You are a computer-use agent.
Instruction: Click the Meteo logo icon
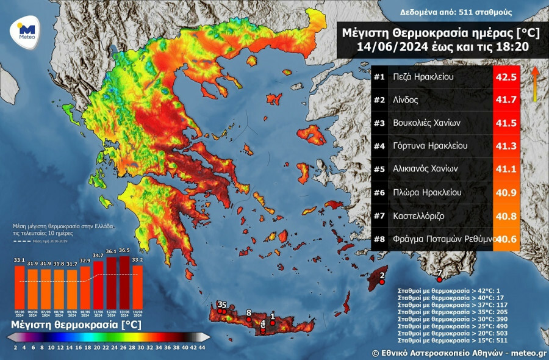point(26,30)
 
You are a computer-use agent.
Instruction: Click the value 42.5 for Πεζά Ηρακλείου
point(506,77)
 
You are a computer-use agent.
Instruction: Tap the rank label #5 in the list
point(379,169)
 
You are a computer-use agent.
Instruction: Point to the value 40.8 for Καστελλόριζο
point(506,216)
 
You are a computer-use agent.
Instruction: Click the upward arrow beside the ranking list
point(535,84)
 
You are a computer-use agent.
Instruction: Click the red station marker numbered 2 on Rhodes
point(382,282)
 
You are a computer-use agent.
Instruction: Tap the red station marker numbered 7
point(432,279)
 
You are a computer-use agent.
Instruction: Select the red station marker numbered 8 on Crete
point(249,319)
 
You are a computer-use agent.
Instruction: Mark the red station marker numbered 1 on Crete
point(273,322)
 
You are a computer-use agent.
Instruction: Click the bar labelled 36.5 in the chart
point(124,288)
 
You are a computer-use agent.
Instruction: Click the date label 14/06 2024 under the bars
point(138,315)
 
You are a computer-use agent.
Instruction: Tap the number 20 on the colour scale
point(96,347)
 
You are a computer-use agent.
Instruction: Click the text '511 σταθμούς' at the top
point(486,12)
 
